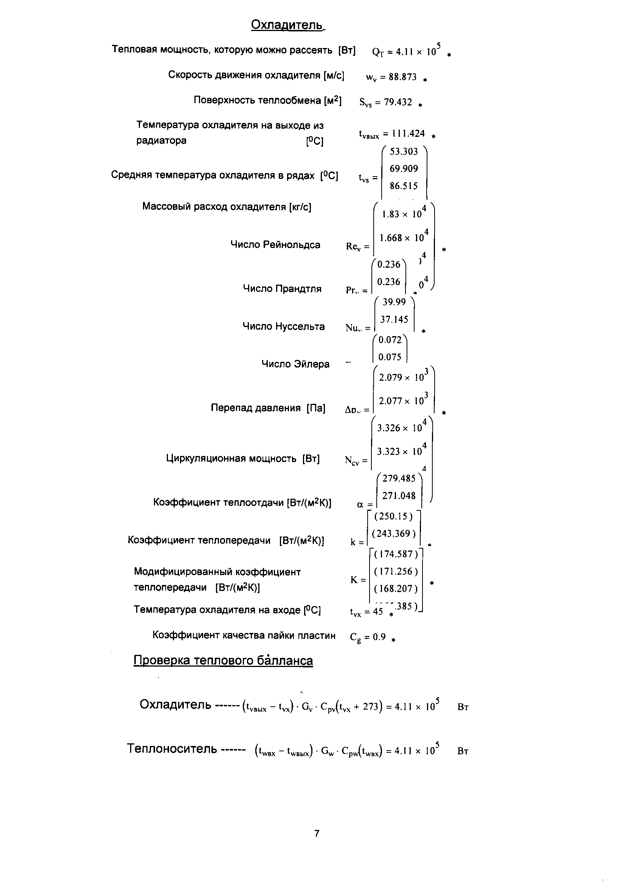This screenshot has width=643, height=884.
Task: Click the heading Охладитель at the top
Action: coord(287,25)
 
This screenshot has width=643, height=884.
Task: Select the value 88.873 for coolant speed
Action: coord(402,77)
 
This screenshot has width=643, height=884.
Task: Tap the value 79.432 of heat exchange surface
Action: coord(398,102)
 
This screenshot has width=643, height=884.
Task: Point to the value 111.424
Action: coord(408,134)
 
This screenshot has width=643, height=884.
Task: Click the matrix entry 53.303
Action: coord(404,152)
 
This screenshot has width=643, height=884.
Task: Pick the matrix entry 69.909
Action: coord(404,169)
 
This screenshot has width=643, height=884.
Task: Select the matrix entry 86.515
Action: coord(404,186)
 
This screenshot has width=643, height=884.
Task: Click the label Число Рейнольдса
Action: coord(275,245)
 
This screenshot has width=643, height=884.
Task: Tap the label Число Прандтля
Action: coord(282,289)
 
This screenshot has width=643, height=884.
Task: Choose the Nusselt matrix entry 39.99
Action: coord(394,302)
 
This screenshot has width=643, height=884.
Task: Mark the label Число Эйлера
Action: coord(295,364)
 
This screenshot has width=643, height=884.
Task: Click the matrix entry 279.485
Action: coord(399,478)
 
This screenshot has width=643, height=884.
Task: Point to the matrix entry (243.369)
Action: coord(393,534)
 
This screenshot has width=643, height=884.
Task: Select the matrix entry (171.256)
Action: coord(395,571)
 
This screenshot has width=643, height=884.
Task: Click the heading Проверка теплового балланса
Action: coord(223,661)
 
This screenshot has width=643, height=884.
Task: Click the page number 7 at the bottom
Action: coord(317,833)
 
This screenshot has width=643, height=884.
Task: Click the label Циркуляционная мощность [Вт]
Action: coord(242,458)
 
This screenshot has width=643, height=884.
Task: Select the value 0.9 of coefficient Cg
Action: coord(379,637)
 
